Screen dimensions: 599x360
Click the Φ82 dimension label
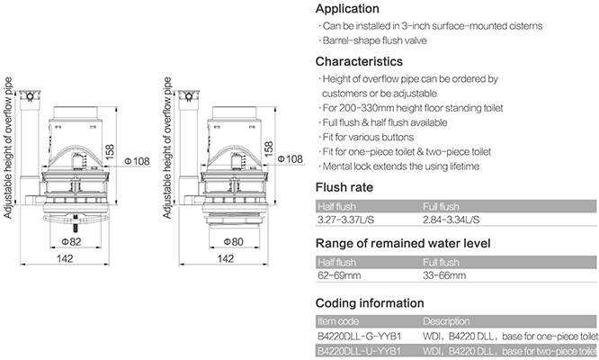point(71,241)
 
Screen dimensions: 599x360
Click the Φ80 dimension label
point(233,241)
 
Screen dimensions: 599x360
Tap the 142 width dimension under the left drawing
point(65,258)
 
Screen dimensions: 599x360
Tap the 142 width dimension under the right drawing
point(225,258)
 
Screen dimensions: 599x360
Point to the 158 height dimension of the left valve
point(110,152)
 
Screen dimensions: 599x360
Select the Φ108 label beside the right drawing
point(291,158)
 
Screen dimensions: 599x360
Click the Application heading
point(347,9)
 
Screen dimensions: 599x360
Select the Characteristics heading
point(359,61)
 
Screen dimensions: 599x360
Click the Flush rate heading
point(344,187)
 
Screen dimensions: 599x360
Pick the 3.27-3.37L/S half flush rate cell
point(345,220)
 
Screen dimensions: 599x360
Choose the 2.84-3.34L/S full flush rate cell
point(451,220)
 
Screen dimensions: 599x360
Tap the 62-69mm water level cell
point(339,275)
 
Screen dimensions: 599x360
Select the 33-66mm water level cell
point(444,275)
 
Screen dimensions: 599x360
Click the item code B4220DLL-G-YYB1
point(359,337)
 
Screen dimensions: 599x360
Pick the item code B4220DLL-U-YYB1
point(359,351)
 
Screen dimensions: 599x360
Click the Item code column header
point(338,321)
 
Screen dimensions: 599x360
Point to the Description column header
point(446,321)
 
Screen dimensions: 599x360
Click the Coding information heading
point(370,303)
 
